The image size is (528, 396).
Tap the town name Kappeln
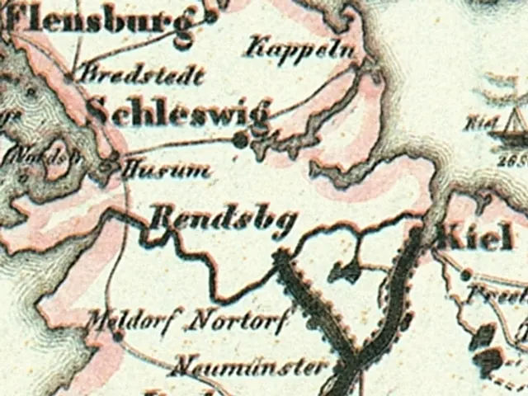303,48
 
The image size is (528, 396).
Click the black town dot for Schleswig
240,141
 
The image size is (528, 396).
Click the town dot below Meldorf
118,337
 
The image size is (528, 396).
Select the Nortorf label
238,318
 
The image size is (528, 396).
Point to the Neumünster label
252,365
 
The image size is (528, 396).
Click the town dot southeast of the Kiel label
467,271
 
